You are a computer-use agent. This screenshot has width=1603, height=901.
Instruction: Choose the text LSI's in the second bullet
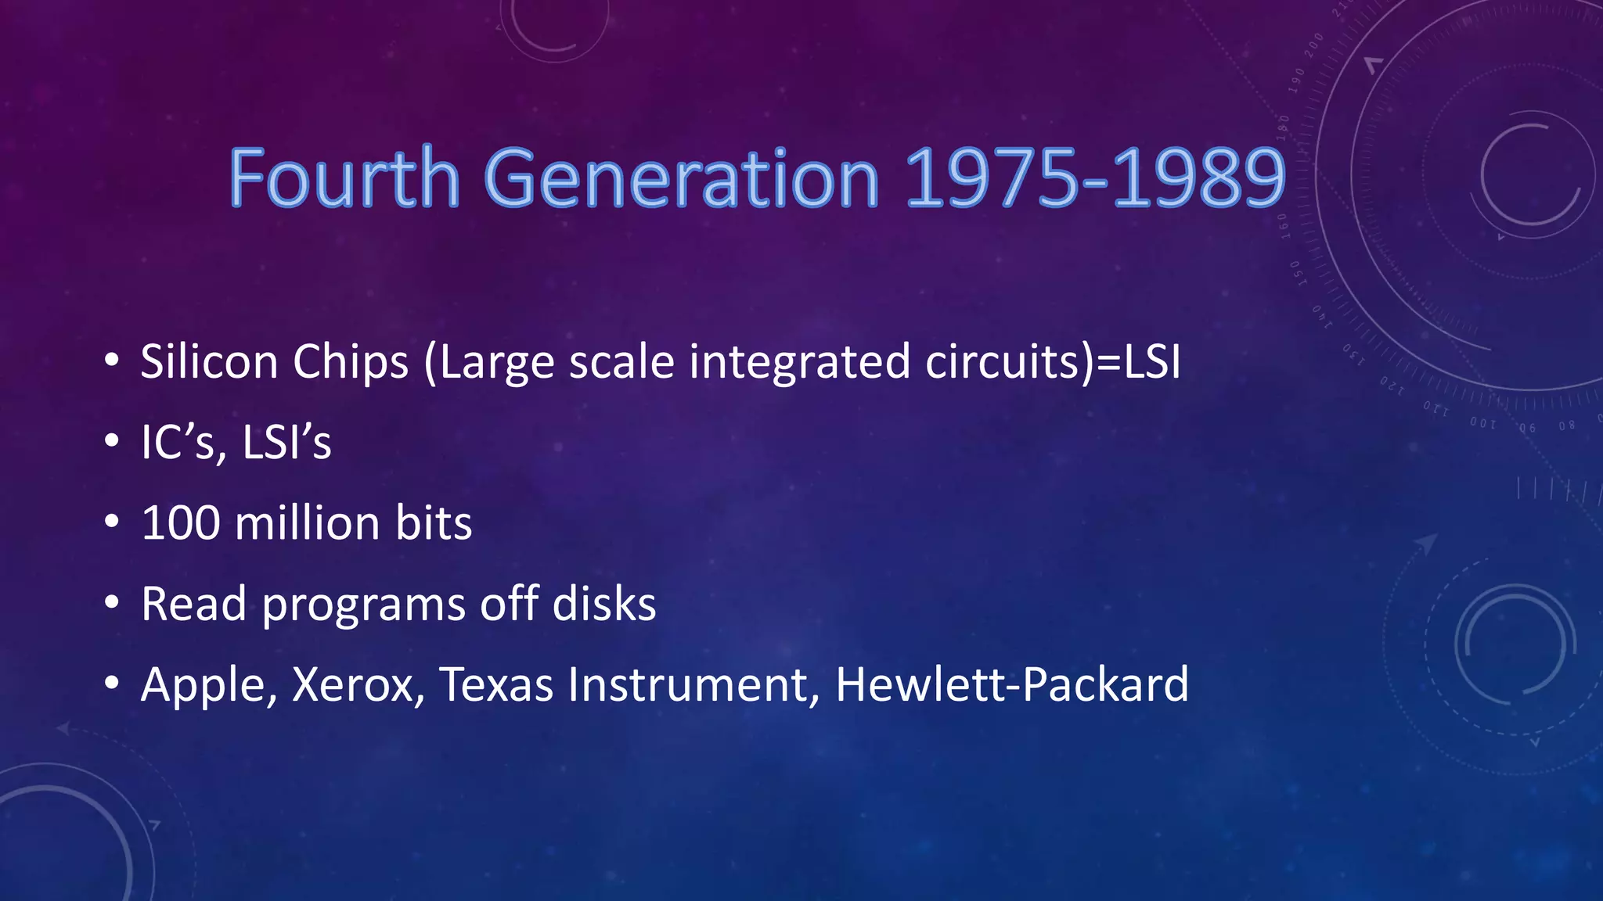pyautogui.click(x=286, y=443)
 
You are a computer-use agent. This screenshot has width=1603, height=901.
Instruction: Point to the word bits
pyautogui.click(x=434, y=523)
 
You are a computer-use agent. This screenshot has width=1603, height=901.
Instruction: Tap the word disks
pyautogui.click(x=604, y=605)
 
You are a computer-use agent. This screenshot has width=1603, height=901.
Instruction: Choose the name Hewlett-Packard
pyautogui.click(x=1011, y=684)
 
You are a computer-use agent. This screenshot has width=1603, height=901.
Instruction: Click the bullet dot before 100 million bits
pyautogui.click(x=112, y=522)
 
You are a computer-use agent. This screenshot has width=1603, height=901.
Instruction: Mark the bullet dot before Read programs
pyautogui.click(x=112, y=603)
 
